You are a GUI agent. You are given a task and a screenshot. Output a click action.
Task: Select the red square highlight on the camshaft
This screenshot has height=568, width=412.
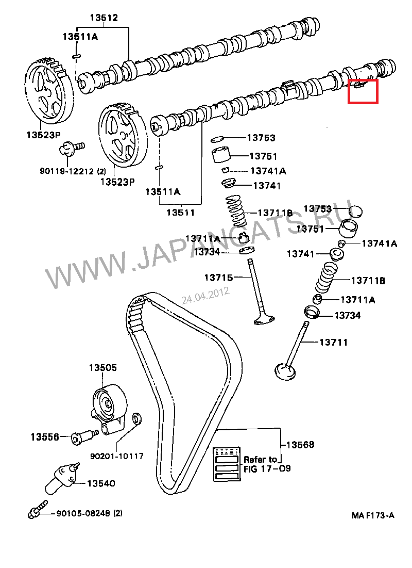click(x=363, y=91)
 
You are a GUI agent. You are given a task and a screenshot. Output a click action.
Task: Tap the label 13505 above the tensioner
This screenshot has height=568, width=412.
click(x=103, y=368)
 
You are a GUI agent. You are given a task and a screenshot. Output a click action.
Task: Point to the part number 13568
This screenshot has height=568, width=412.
click(x=300, y=445)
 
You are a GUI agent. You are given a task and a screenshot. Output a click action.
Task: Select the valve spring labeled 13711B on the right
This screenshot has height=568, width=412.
click(x=326, y=280)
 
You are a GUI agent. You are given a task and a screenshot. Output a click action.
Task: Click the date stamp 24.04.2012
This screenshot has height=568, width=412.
click(x=205, y=295)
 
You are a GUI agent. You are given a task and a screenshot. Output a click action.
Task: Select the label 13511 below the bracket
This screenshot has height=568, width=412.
click(x=180, y=212)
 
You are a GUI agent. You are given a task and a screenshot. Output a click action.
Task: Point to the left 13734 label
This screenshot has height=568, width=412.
click(x=207, y=252)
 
